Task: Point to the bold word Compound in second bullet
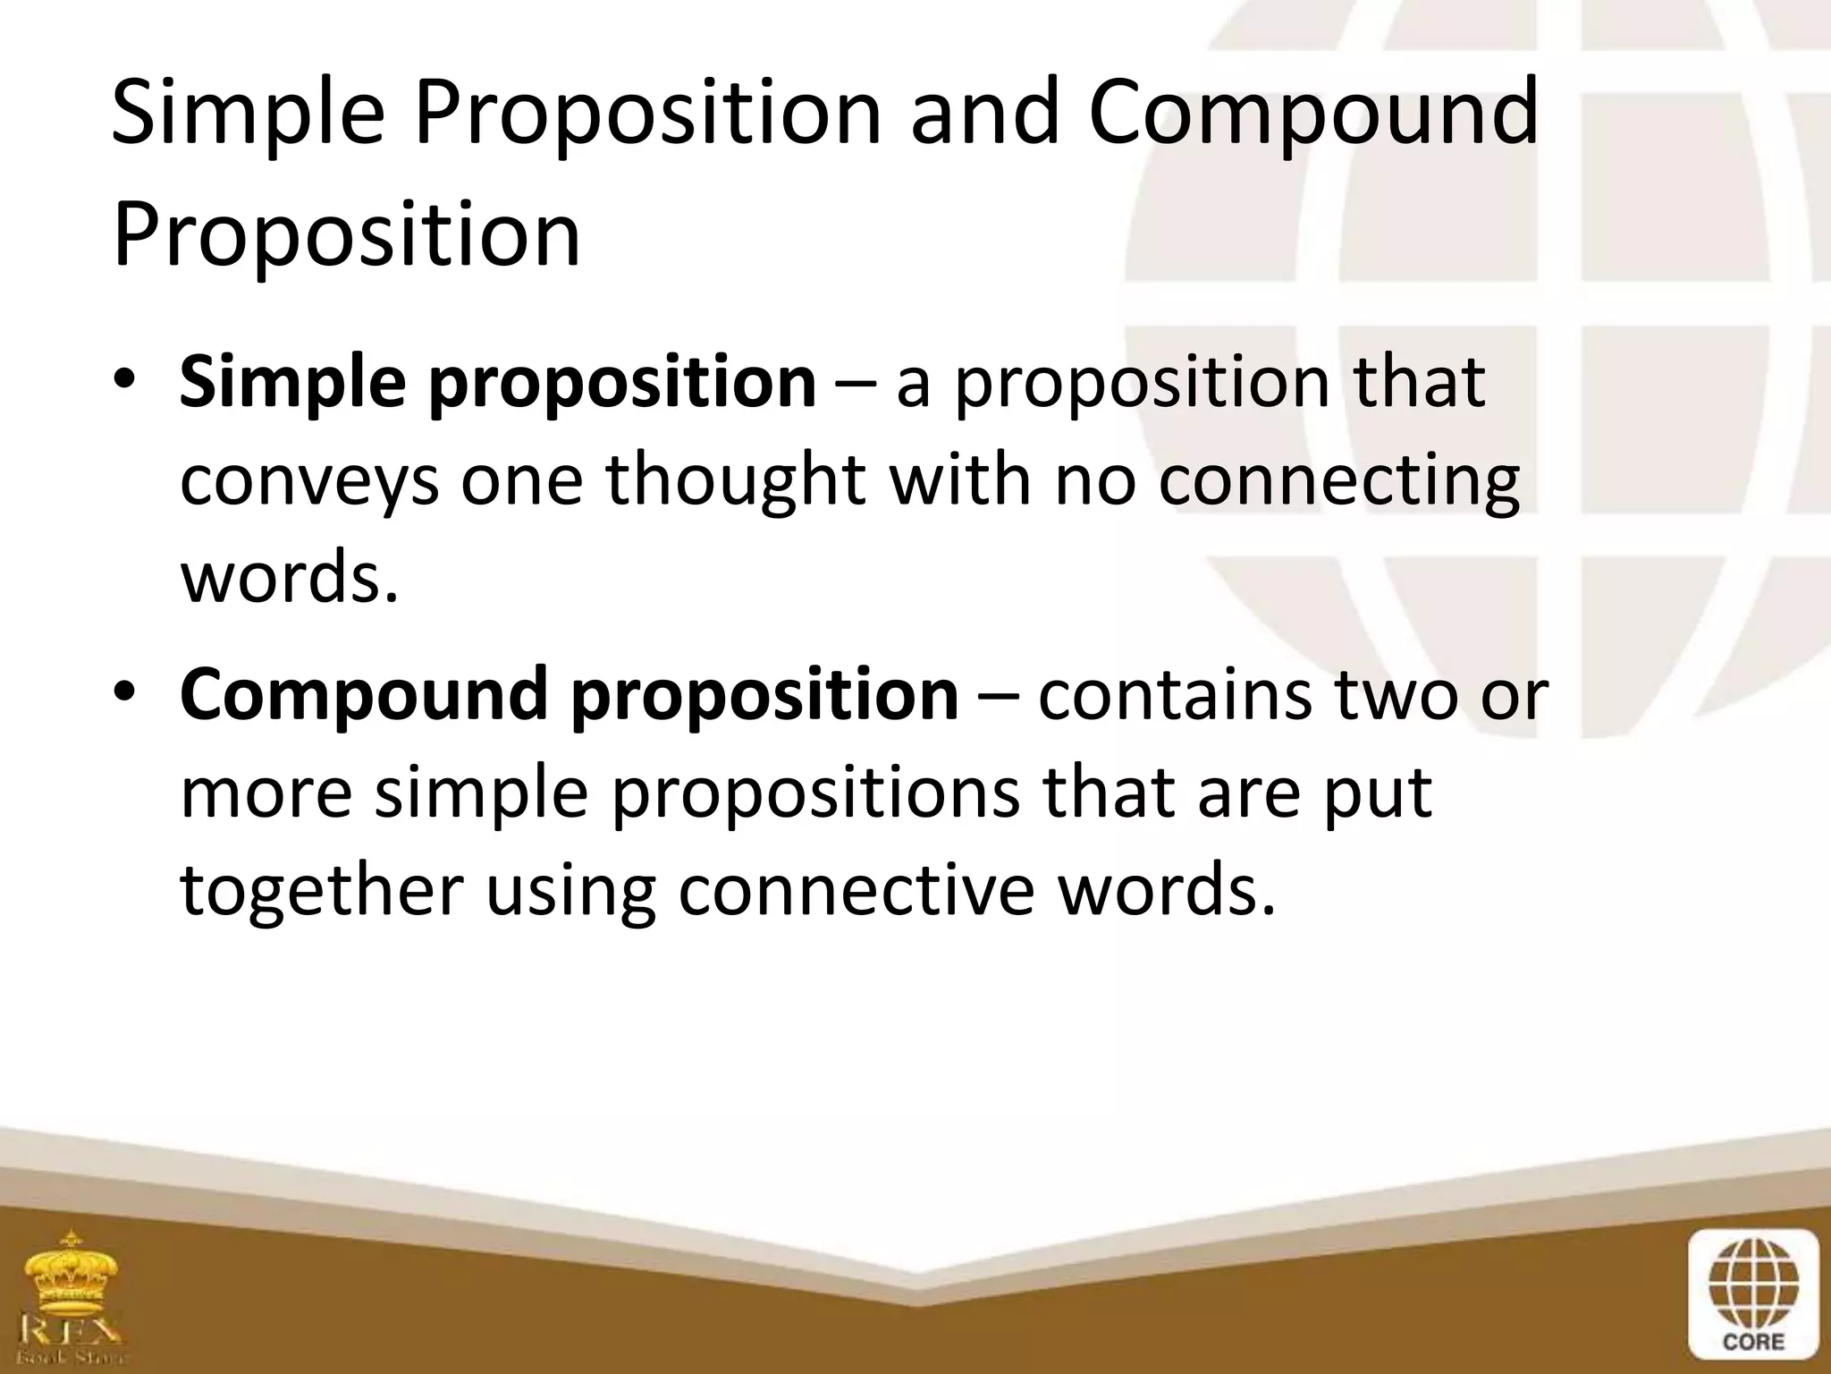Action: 363,696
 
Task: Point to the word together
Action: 322,891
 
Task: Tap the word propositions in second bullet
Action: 814,794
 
